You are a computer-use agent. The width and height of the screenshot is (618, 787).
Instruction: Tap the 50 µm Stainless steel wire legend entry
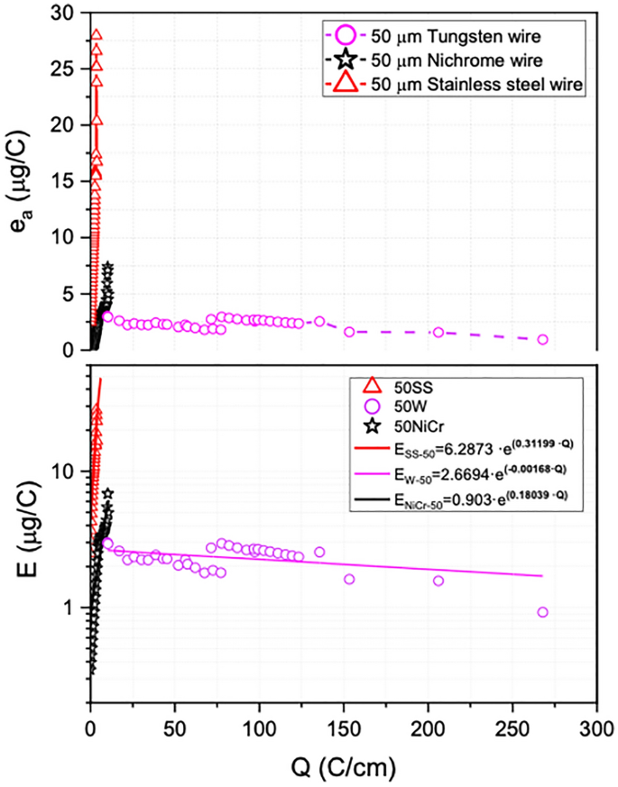pyautogui.click(x=451, y=86)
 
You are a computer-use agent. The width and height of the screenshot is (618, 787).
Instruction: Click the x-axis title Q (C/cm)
pyautogui.click(x=342, y=769)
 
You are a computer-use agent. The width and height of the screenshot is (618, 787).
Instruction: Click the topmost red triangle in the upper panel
pyautogui.click(x=96, y=35)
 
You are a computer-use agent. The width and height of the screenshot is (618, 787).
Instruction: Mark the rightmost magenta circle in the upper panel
pyautogui.click(x=542, y=339)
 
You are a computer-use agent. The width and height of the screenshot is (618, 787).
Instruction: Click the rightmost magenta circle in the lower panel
pyautogui.click(x=542, y=612)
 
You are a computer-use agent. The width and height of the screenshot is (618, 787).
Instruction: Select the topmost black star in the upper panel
pyautogui.click(x=108, y=268)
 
